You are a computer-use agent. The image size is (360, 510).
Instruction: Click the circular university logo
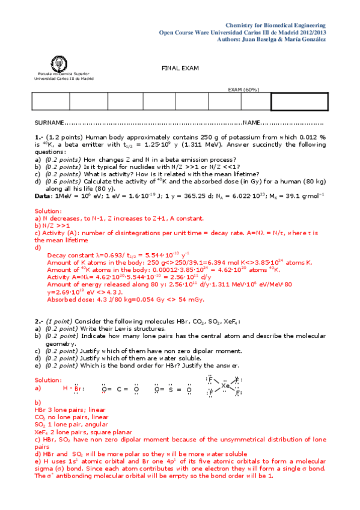pos(59,63)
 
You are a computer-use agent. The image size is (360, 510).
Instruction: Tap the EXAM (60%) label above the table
pos(243,90)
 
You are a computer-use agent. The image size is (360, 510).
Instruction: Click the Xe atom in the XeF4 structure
pos(225,386)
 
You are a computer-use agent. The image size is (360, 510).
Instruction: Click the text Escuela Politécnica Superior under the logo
pos(59,75)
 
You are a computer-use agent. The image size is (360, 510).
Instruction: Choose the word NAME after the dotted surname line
pos(251,123)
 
